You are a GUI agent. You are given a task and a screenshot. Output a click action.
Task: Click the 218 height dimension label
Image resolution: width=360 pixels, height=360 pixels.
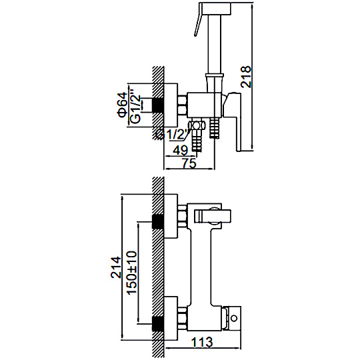(x=246, y=77)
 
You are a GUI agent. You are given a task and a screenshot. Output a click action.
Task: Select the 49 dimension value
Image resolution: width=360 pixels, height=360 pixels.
(x=180, y=151)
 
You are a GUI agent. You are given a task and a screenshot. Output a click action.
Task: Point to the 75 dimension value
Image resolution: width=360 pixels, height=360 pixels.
(x=189, y=163)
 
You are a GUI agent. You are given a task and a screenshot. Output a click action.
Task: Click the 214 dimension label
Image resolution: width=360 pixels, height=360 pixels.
(x=116, y=267)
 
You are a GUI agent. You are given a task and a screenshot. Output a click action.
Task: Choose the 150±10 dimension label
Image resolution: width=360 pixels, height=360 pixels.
(x=132, y=273)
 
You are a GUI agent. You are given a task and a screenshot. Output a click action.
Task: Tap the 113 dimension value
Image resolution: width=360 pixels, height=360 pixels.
(x=202, y=342)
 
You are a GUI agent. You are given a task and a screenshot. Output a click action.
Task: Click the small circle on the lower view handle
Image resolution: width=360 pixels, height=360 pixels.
(x=234, y=318)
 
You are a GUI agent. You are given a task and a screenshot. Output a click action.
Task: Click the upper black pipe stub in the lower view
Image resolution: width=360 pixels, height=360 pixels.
(x=158, y=221)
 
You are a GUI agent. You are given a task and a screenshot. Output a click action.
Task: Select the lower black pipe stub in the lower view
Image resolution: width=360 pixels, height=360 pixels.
(x=158, y=324)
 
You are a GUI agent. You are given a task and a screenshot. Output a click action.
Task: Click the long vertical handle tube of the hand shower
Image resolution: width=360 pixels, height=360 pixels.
(x=215, y=43)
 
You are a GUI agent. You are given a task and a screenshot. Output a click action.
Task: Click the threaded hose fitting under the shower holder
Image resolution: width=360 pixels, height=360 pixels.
(x=214, y=127)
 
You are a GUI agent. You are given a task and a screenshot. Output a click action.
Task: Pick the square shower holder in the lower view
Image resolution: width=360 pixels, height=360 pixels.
(x=213, y=216)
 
